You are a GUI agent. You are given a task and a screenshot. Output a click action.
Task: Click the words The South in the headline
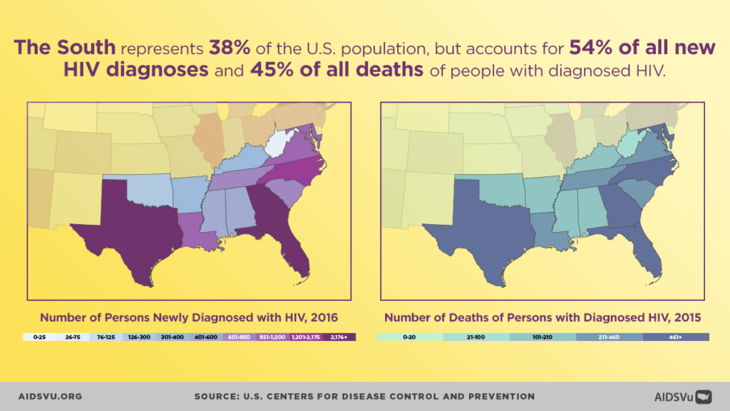click(x=66, y=49)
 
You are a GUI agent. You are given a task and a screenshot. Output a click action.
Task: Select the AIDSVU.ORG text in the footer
click(x=51, y=396)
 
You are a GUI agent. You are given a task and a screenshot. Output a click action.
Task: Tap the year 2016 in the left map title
click(x=323, y=317)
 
